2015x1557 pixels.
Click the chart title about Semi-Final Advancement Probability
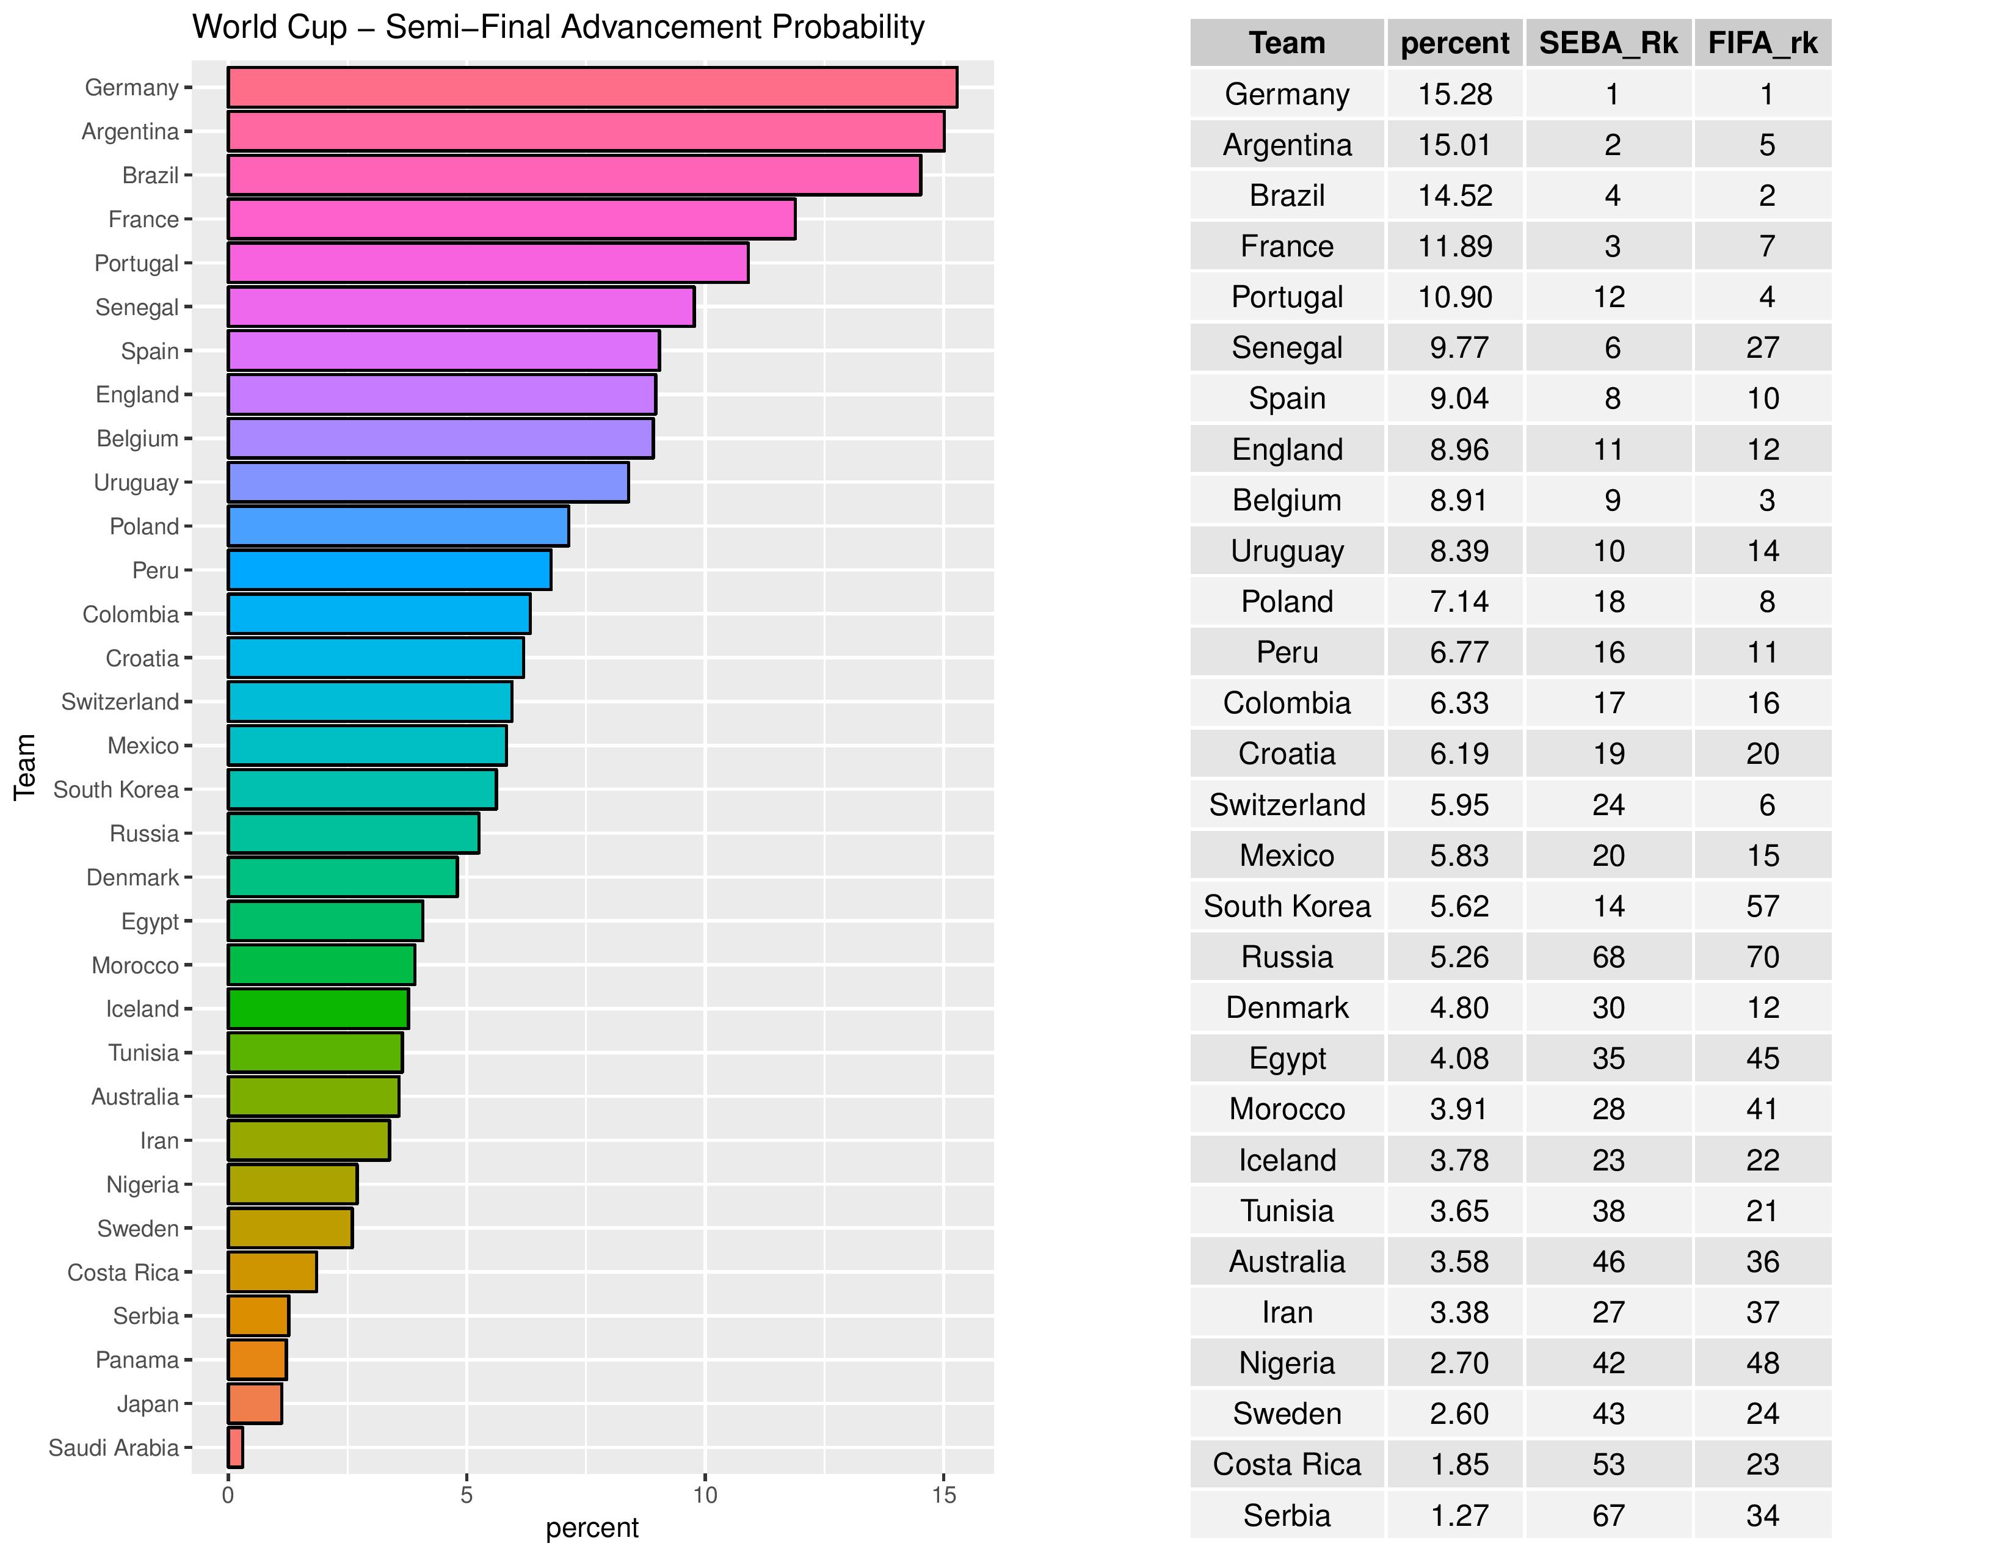tap(557, 27)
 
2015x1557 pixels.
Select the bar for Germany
tap(592, 88)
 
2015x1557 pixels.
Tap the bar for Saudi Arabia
tap(235, 1447)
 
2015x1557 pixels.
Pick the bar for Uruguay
tap(428, 482)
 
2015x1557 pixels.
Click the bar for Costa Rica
tap(272, 1272)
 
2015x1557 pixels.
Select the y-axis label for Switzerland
tap(120, 702)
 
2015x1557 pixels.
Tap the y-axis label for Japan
tap(148, 1404)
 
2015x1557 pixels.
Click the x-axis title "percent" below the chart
tap(592, 1528)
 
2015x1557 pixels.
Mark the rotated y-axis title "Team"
tap(25, 766)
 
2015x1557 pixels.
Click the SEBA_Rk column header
tap(1608, 43)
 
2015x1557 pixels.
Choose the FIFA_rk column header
tap(1762, 43)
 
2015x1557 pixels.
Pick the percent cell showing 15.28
tap(1455, 94)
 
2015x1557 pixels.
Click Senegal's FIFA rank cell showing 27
tap(1762, 348)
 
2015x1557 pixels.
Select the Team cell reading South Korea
tap(1287, 906)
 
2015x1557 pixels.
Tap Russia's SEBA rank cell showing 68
tap(1608, 957)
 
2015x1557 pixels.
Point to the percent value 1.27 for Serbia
tap(1459, 1515)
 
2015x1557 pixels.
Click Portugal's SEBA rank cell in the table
tap(1608, 297)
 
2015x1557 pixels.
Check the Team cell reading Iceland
tap(1287, 1160)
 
